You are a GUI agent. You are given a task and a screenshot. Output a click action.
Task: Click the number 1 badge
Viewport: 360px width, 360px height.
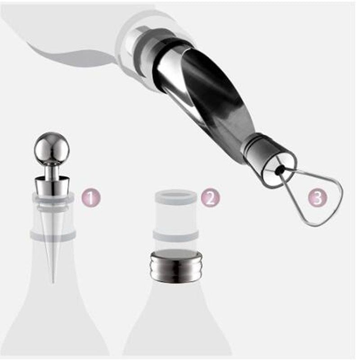91,198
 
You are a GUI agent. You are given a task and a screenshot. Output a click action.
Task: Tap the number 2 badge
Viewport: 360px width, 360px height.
211,198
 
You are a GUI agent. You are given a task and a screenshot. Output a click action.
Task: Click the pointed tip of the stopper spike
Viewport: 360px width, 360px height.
53,284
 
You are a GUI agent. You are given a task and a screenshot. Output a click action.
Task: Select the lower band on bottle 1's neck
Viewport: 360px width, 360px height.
53,234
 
